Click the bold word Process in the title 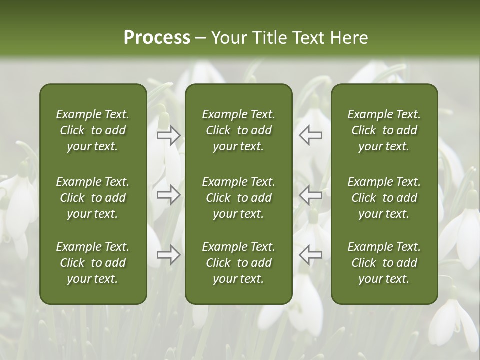click(157, 38)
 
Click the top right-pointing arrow click(169, 135)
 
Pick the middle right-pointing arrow click(169, 195)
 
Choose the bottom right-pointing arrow click(169, 255)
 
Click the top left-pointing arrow click(310, 135)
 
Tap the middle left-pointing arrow click(310, 195)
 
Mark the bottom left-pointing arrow click(310, 255)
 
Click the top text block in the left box click(93, 130)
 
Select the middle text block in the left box click(93, 198)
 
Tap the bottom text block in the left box click(93, 263)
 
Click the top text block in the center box click(238, 130)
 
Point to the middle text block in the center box click(238, 198)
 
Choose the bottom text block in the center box click(238, 263)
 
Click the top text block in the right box click(384, 130)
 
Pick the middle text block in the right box click(384, 198)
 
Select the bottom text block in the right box click(384, 263)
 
